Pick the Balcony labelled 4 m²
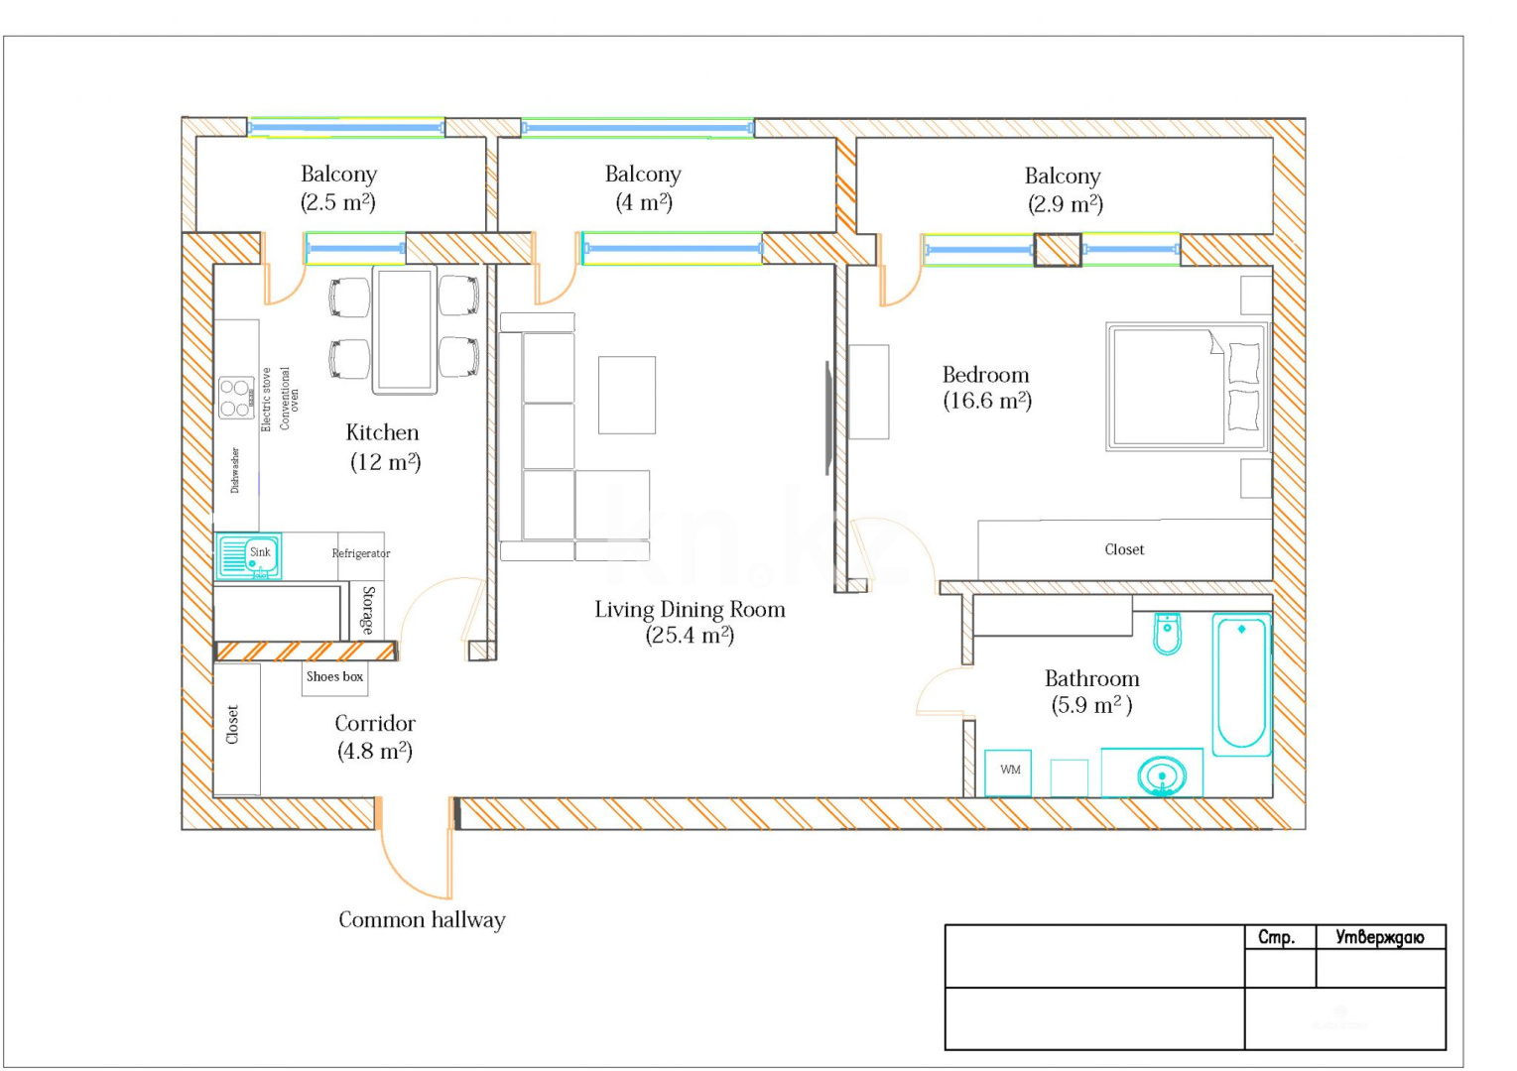click(x=643, y=187)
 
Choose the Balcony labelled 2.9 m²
click(x=1063, y=189)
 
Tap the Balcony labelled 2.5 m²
click(x=338, y=187)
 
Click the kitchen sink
click(x=248, y=556)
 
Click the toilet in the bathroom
click(x=1167, y=635)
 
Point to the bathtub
click(x=1240, y=684)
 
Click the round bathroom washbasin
click(x=1161, y=774)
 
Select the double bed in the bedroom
click(x=1187, y=387)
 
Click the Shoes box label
click(x=334, y=677)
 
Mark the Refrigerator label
click(x=361, y=553)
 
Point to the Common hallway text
click(x=422, y=920)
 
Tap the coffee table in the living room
click(x=626, y=395)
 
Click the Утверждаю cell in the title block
click(x=1379, y=937)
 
